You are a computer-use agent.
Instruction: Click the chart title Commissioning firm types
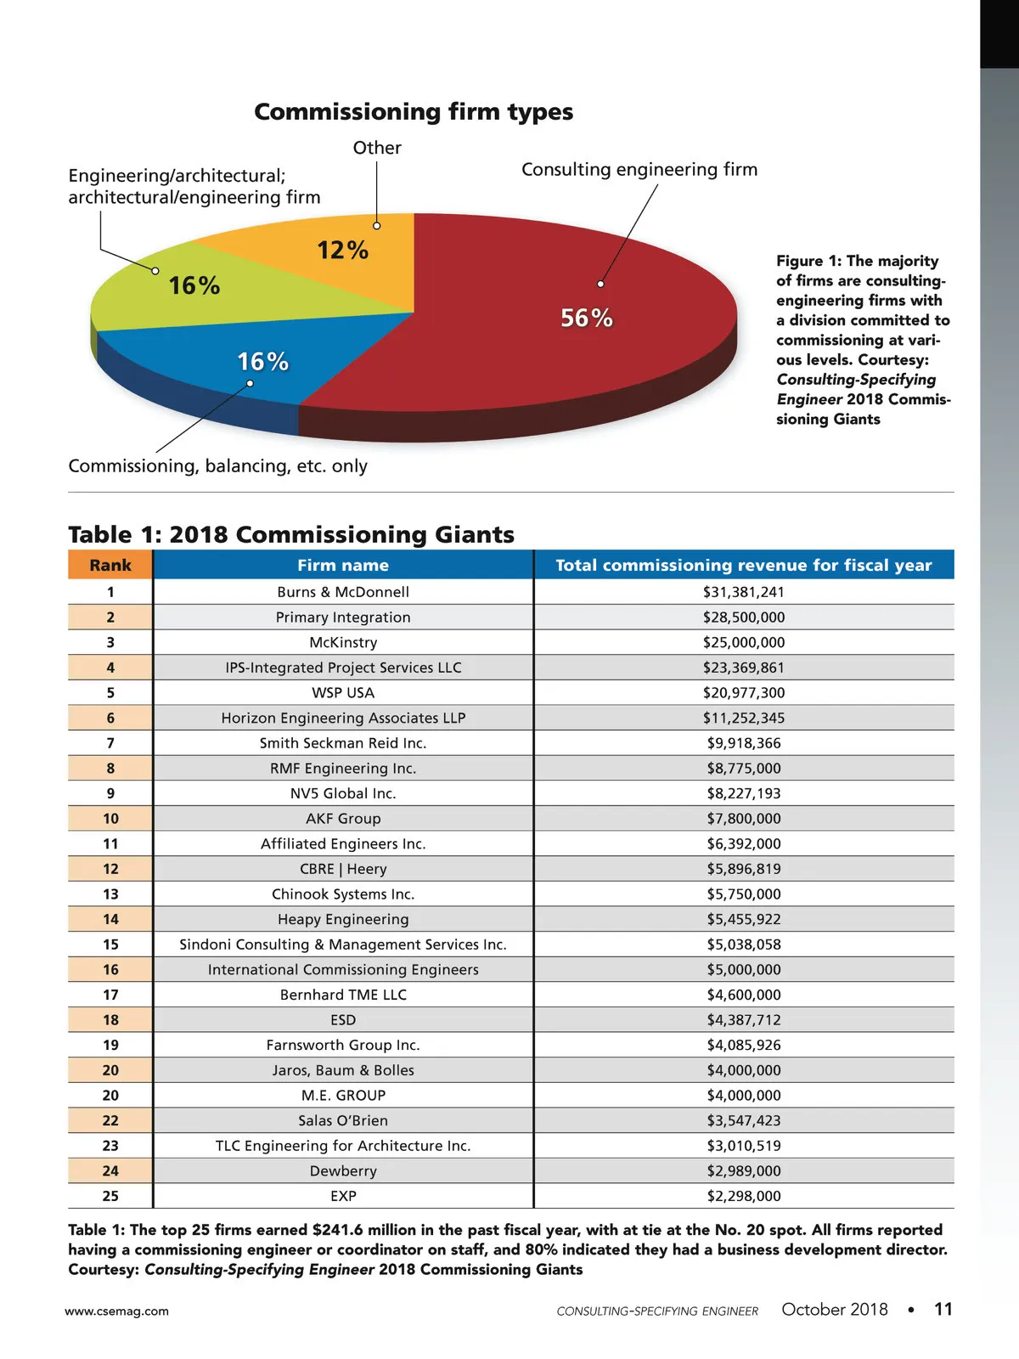414,112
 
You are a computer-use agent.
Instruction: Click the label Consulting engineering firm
639,170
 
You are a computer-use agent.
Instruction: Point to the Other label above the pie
377,148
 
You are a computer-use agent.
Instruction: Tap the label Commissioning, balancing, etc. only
217,466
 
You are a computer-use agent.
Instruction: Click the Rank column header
110,566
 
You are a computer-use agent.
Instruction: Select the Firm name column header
343,566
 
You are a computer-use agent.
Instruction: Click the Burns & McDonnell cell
343,592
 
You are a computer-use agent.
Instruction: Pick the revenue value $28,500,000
744,617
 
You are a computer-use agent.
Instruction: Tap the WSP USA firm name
343,693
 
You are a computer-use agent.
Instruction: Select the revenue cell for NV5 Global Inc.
744,793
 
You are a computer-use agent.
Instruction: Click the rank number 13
110,894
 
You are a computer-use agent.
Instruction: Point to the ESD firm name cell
343,1020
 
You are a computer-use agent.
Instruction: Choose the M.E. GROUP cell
343,1096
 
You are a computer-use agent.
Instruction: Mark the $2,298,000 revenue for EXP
744,1196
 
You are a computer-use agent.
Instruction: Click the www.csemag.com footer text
116,1311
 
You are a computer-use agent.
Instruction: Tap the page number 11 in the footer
943,1310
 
